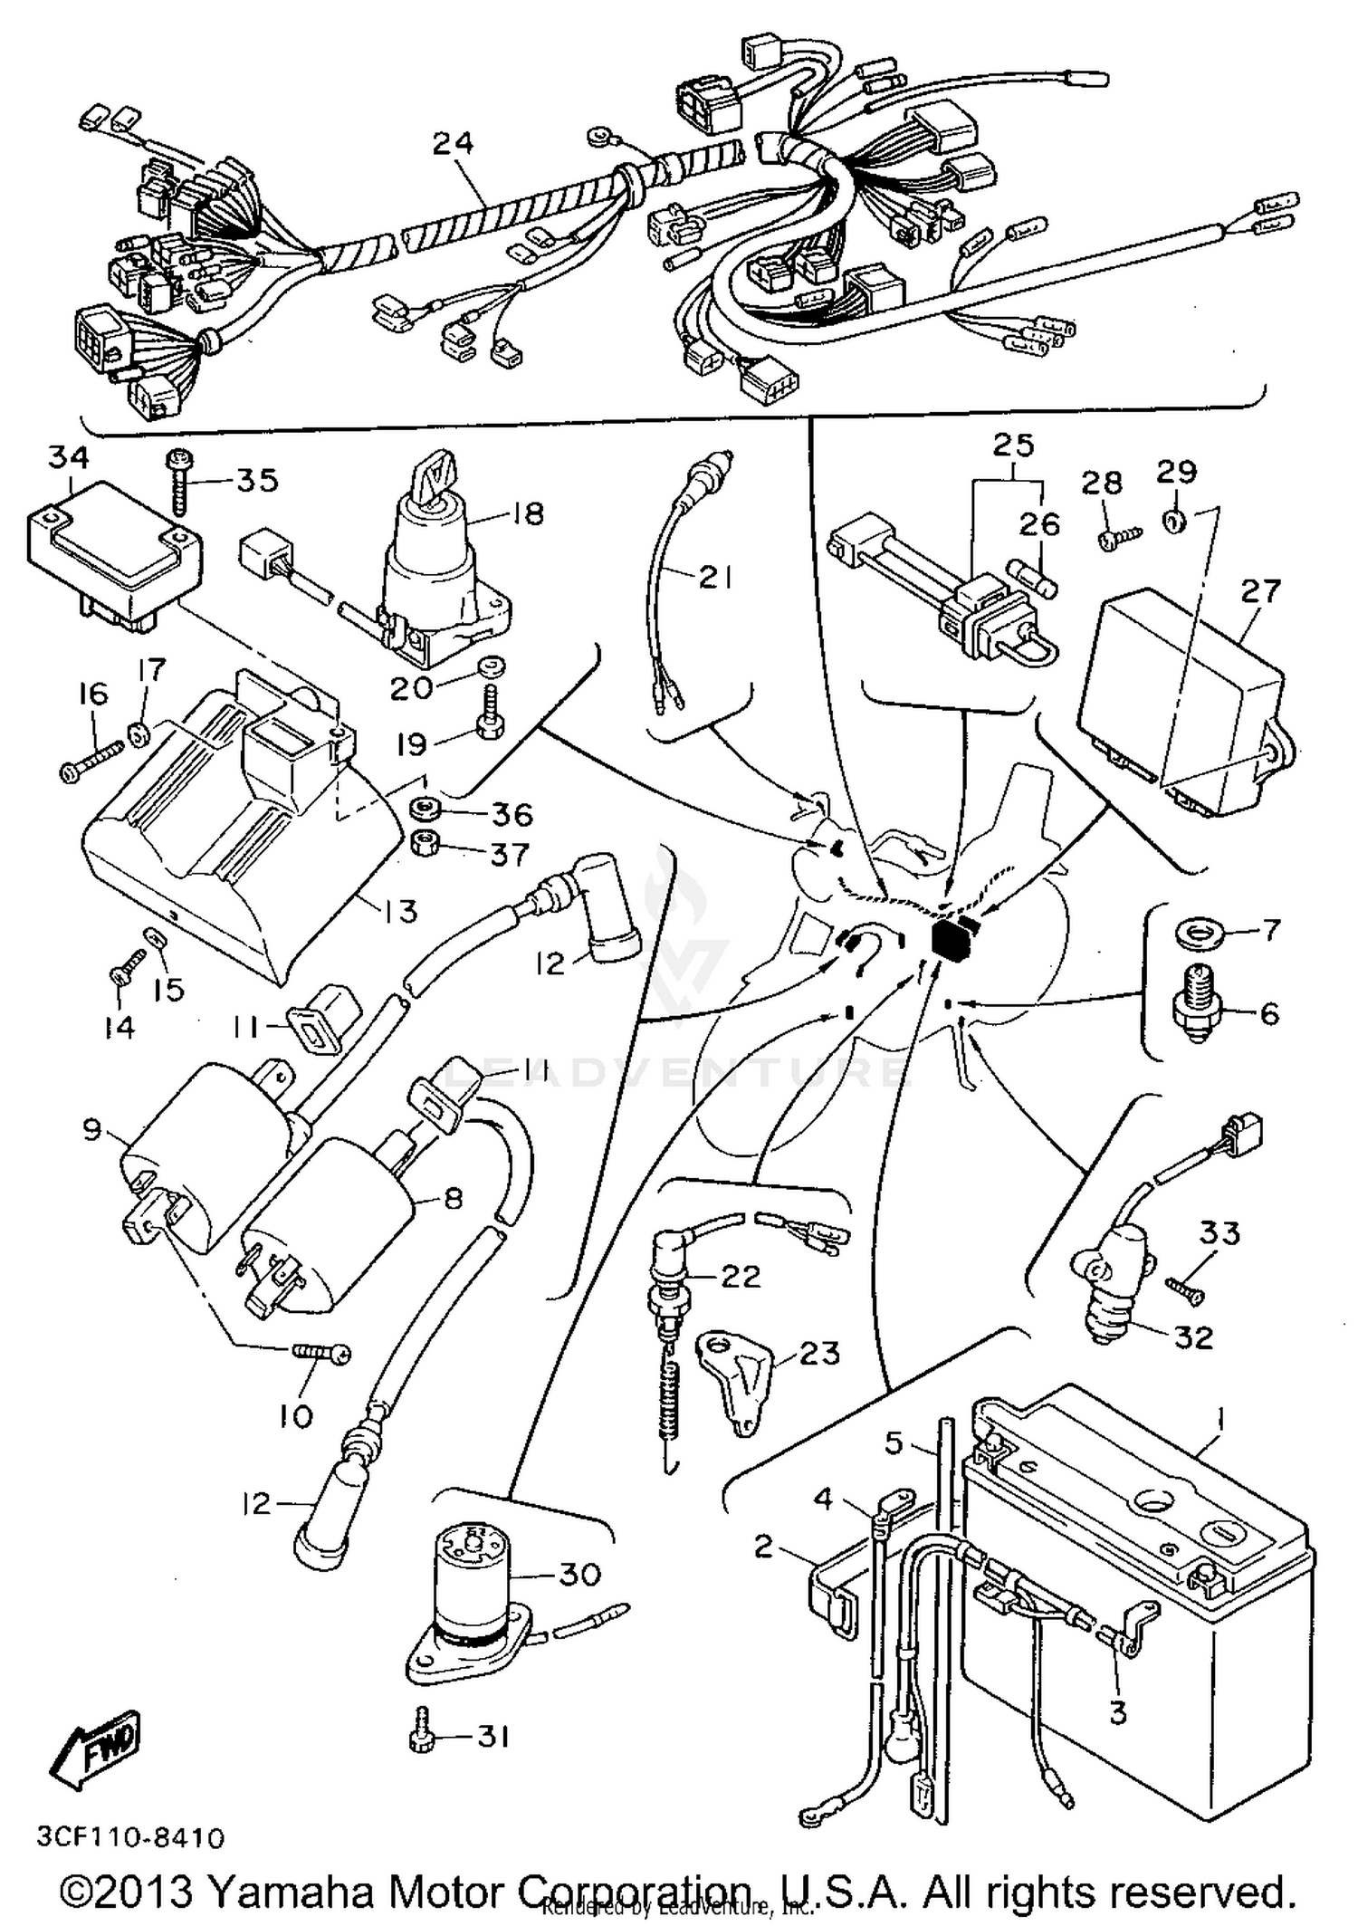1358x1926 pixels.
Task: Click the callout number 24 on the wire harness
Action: click(x=453, y=142)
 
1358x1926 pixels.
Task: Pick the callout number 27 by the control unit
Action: click(x=1260, y=591)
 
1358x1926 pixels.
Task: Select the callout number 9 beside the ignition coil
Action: click(x=91, y=1129)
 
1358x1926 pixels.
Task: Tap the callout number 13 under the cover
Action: click(x=399, y=910)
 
